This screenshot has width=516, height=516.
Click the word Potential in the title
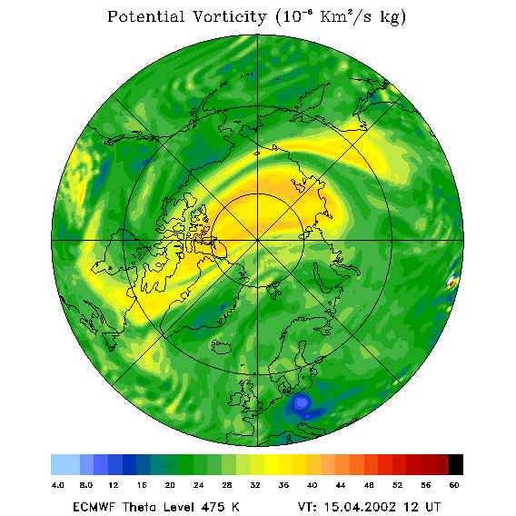pos(145,16)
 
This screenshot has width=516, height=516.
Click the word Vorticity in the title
pos(229,16)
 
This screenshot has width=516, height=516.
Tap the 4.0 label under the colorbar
pos(57,485)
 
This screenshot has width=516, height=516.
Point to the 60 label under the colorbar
pos(454,485)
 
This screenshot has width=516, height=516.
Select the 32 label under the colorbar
pos(255,485)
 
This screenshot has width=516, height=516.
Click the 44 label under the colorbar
pos(341,485)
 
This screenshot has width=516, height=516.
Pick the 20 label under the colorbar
pos(170,485)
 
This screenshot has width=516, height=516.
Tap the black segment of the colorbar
pos(456,464)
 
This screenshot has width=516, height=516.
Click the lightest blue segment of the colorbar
pos(65,464)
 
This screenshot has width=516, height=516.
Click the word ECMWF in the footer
pos(94,506)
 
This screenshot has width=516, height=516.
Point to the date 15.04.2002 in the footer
pos(360,506)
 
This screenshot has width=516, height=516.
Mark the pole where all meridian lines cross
pos(258,241)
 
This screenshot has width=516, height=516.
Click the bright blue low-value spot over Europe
pos(302,402)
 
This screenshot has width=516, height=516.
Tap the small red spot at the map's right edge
pos(451,282)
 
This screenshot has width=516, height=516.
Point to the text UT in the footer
pos(433,506)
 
